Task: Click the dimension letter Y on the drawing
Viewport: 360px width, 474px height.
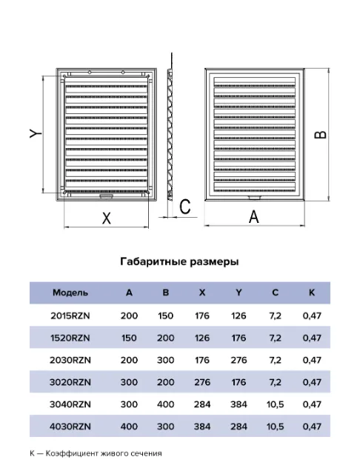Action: [36, 133]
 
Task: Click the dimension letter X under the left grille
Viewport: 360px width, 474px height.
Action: [107, 218]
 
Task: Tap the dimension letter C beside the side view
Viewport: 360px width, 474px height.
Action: [185, 207]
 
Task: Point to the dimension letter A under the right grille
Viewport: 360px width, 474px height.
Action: [254, 217]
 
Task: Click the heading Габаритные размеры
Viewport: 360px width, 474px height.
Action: [179, 261]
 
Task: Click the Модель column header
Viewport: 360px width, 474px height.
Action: [70, 293]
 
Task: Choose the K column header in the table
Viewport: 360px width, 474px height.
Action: [312, 293]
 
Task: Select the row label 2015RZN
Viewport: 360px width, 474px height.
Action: [70, 316]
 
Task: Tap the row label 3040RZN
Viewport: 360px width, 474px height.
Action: [70, 404]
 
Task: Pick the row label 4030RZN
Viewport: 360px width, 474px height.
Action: [70, 427]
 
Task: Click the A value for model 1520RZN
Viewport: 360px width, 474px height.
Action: [129, 338]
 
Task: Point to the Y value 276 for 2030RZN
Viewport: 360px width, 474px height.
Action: [239, 360]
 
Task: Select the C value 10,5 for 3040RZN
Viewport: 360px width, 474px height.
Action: [275, 404]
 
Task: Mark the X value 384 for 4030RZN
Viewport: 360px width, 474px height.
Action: [202, 427]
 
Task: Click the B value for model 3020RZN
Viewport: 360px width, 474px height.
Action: [166, 382]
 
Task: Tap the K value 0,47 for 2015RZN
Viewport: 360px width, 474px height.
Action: [312, 316]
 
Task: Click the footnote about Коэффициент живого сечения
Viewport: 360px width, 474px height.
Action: [96, 453]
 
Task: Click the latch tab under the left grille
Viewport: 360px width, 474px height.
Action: [106, 197]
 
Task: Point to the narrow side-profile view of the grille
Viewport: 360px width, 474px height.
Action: [170, 135]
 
